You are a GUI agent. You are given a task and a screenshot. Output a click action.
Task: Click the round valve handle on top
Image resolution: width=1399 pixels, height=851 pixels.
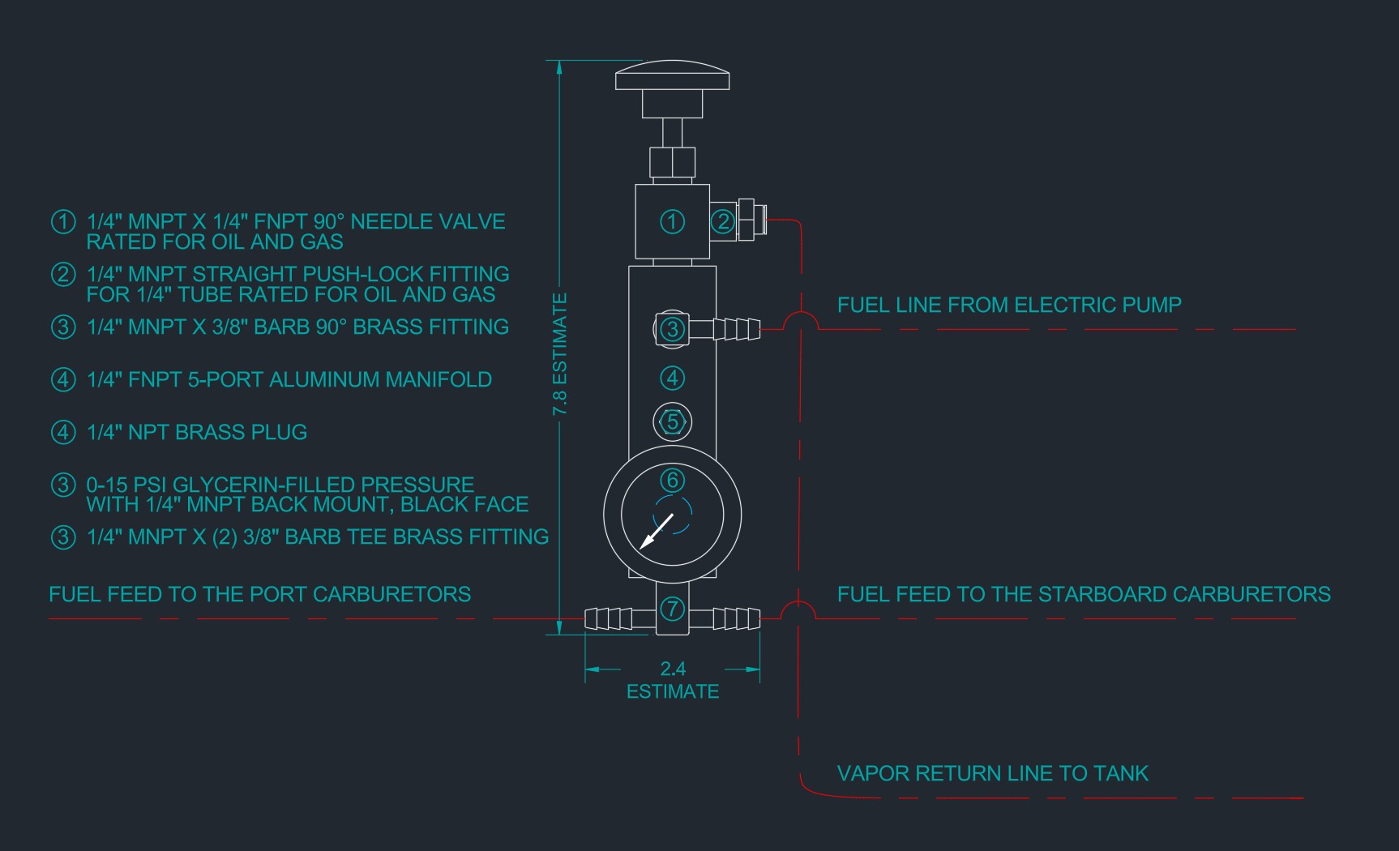click(672, 75)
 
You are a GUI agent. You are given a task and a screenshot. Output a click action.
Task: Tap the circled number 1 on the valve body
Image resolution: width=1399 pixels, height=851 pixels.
click(672, 221)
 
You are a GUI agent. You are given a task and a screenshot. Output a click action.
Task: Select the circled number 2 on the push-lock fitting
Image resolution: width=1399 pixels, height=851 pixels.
click(723, 221)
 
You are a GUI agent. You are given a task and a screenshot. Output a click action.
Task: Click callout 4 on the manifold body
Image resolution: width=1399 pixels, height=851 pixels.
click(672, 378)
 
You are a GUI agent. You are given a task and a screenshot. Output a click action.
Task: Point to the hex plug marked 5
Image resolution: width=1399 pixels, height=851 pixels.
click(672, 421)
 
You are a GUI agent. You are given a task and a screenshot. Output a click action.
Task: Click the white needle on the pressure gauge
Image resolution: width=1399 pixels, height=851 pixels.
click(657, 531)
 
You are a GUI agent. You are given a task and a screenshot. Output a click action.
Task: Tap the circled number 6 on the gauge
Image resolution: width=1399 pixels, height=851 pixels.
click(672, 481)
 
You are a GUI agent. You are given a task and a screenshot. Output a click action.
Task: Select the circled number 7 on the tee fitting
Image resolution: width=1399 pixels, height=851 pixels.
click(672, 609)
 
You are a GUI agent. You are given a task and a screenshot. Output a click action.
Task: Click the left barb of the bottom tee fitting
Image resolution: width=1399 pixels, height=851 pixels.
click(609, 618)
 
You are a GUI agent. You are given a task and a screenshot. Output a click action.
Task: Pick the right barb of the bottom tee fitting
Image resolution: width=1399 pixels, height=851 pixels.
click(736, 618)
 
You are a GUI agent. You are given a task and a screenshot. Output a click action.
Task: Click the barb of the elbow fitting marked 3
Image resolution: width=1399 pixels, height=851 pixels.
click(736, 329)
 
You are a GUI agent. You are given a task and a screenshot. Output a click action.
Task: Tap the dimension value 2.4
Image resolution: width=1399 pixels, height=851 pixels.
click(673, 669)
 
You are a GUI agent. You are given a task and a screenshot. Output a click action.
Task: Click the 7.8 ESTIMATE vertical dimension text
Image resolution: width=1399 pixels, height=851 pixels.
click(559, 354)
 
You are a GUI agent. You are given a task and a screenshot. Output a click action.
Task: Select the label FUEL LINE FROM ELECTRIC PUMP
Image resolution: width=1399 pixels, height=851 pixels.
click(1009, 305)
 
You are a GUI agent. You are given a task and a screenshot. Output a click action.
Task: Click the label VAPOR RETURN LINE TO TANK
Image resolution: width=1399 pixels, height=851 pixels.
click(992, 773)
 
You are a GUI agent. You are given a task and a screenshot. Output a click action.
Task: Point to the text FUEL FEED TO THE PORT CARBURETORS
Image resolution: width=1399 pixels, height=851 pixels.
click(259, 594)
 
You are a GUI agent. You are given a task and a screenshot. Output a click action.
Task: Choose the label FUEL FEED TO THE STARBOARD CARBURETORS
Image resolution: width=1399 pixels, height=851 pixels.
click(1084, 594)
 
